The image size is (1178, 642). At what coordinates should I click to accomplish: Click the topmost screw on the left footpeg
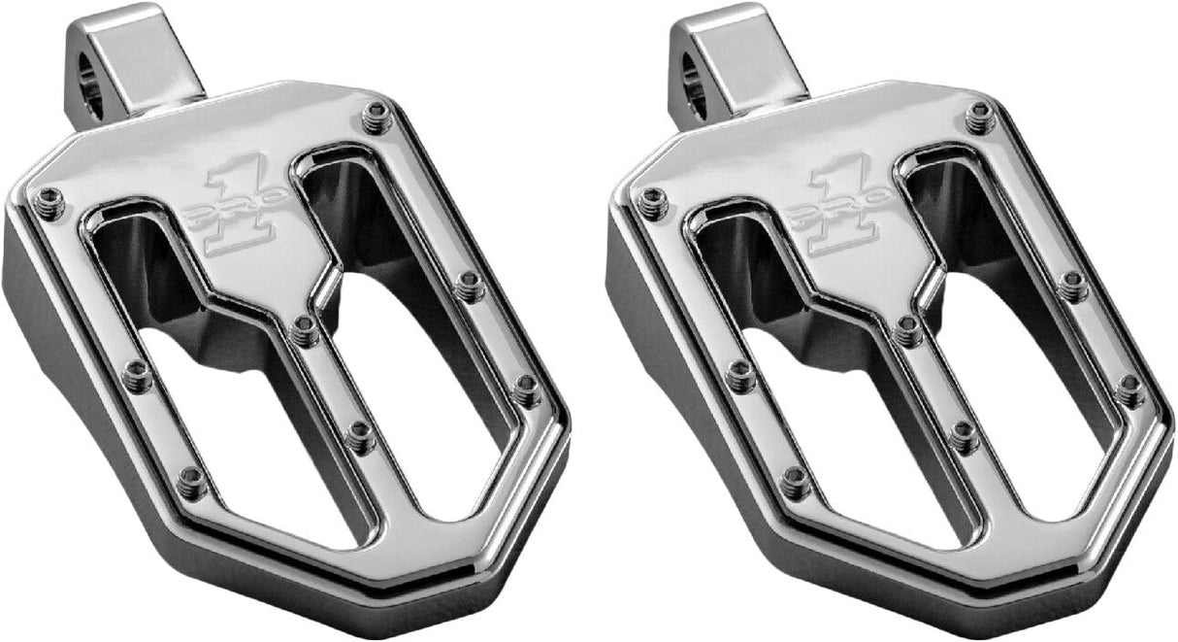pos(375,117)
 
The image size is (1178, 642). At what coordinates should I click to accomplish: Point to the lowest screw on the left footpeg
pos(192,479)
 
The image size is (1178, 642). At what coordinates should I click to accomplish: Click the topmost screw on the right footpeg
pos(979,117)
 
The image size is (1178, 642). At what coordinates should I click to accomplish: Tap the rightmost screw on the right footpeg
pos(1129,388)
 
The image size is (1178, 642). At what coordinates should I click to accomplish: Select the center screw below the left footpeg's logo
pos(304,331)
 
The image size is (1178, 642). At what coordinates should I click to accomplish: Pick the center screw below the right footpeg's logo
pos(908,331)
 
